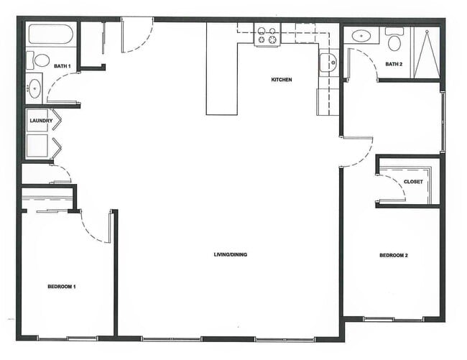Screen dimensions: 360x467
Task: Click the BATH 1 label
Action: pyautogui.click(x=62, y=67)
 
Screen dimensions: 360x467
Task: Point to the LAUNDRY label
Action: pyautogui.click(x=41, y=121)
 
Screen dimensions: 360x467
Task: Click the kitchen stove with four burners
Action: pyautogui.click(x=267, y=35)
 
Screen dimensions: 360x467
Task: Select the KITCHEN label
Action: pyautogui.click(x=281, y=79)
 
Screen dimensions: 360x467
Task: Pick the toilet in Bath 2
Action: pyautogui.click(x=394, y=40)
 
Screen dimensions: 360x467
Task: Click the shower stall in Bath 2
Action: pyautogui.click(x=426, y=51)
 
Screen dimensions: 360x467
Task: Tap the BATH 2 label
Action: pyautogui.click(x=394, y=64)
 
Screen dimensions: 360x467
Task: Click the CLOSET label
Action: pyautogui.click(x=412, y=182)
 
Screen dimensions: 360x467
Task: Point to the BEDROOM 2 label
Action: pyautogui.click(x=393, y=256)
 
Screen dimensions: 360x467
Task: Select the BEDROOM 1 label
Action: pyautogui.click(x=62, y=287)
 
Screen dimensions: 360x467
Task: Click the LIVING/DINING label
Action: pyautogui.click(x=230, y=254)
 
